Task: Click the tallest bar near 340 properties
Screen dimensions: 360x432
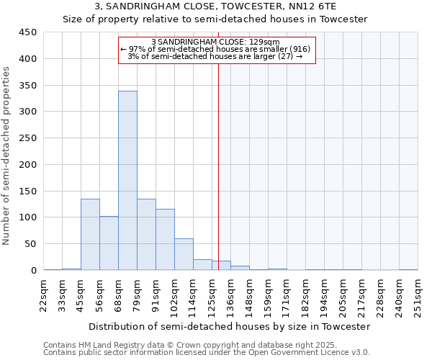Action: [x=127, y=181]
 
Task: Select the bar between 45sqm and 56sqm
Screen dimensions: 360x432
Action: [x=90, y=235]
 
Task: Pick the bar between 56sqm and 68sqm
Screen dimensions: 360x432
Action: [x=109, y=243]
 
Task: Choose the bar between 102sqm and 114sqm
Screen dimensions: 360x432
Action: [x=184, y=254]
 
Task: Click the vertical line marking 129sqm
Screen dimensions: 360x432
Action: [x=218, y=166]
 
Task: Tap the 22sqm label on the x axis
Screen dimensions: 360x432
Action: [x=43, y=294]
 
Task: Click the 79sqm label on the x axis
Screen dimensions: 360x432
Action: [x=137, y=294]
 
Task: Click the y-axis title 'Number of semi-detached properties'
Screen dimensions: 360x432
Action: [x=6, y=156]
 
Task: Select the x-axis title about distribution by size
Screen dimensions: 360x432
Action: [x=230, y=326]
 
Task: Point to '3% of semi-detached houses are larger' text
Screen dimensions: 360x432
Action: [x=214, y=56]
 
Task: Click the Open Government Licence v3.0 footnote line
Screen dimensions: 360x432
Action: [x=206, y=353]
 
